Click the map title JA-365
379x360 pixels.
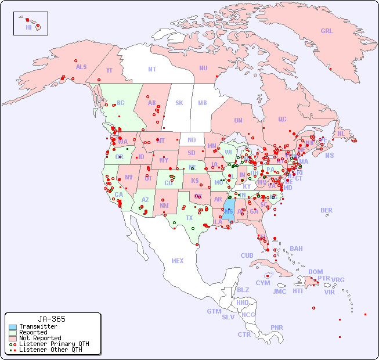pyautogui.click(x=51, y=319)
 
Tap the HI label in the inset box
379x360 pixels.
pyautogui.click(x=28, y=27)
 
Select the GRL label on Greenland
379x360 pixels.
pyautogui.click(x=327, y=31)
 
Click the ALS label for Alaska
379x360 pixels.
pyautogui.click(x=81, y=67)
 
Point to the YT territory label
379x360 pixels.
pyautogui.click(x=109, y=70)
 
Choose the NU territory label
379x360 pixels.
pyautogui.click(x=203, y=68)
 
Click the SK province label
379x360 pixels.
pyautogui.click(x=179, y=103)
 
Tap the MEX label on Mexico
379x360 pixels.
pyautogui.click(x=177, y=261)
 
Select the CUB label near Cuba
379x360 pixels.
pyautogui.click(x=247, y=255)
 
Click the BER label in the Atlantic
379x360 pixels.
pyautogui.click(x=327, y=210)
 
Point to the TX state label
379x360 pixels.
pyautogui.click(x=189, y=218)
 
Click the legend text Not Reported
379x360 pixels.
pyautogui.click(x=39, y=338)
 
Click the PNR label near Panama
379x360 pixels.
pyautogui.click(x=277, y=327)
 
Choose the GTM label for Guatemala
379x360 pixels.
pyautogui.click(x=214, y=311)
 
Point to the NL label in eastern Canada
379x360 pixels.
pyautogui.click(x=341, y=134)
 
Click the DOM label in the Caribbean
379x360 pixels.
pyautogui.click(x=315, y=272)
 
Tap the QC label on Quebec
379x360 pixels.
pyautogui.click(x=282, y=119)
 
